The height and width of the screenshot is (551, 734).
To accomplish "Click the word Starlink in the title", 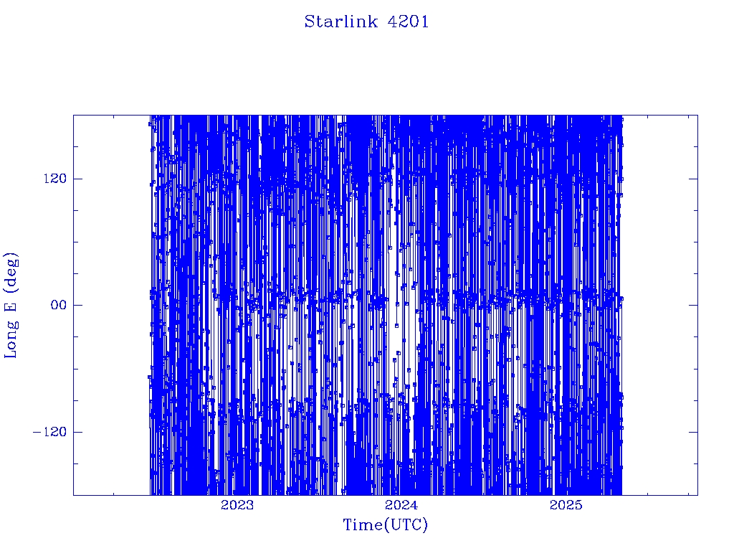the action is click(341, 22).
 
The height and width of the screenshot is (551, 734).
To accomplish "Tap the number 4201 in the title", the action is click(408, 22).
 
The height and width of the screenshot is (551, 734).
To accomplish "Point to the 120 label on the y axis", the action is click(55, 179).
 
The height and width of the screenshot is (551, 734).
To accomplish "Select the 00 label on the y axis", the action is click(59, 305).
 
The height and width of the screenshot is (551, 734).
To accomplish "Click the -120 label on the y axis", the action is click(49, 431).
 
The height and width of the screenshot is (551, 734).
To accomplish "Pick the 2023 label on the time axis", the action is click(237, 505).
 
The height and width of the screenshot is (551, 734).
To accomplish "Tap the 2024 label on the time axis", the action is click(401, 505).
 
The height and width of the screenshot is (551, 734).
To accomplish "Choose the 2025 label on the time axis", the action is click(566, 505).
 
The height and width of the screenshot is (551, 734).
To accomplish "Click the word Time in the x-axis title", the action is click(363, 524).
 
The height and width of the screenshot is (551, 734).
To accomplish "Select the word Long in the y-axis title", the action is click(10, 339).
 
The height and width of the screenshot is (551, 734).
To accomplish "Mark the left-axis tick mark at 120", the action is click(77, 179).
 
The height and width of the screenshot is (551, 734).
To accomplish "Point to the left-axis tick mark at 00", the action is click(77, 305).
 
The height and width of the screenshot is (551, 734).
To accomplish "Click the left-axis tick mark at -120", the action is click(77, 431).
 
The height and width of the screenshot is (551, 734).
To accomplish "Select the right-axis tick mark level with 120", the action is click(693, 179).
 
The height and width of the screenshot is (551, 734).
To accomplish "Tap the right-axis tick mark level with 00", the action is click(693, 305).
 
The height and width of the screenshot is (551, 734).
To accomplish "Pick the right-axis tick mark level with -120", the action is click(693, 431).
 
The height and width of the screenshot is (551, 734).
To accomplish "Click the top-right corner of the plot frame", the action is click(697, 116).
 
